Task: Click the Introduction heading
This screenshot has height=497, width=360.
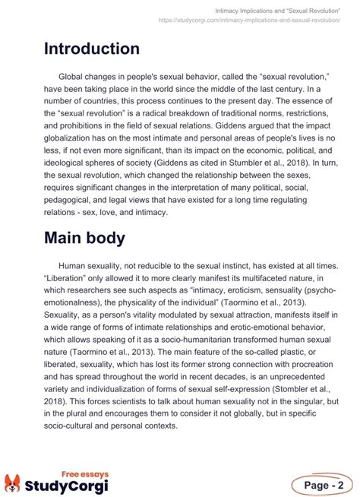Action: pos(91,49)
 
